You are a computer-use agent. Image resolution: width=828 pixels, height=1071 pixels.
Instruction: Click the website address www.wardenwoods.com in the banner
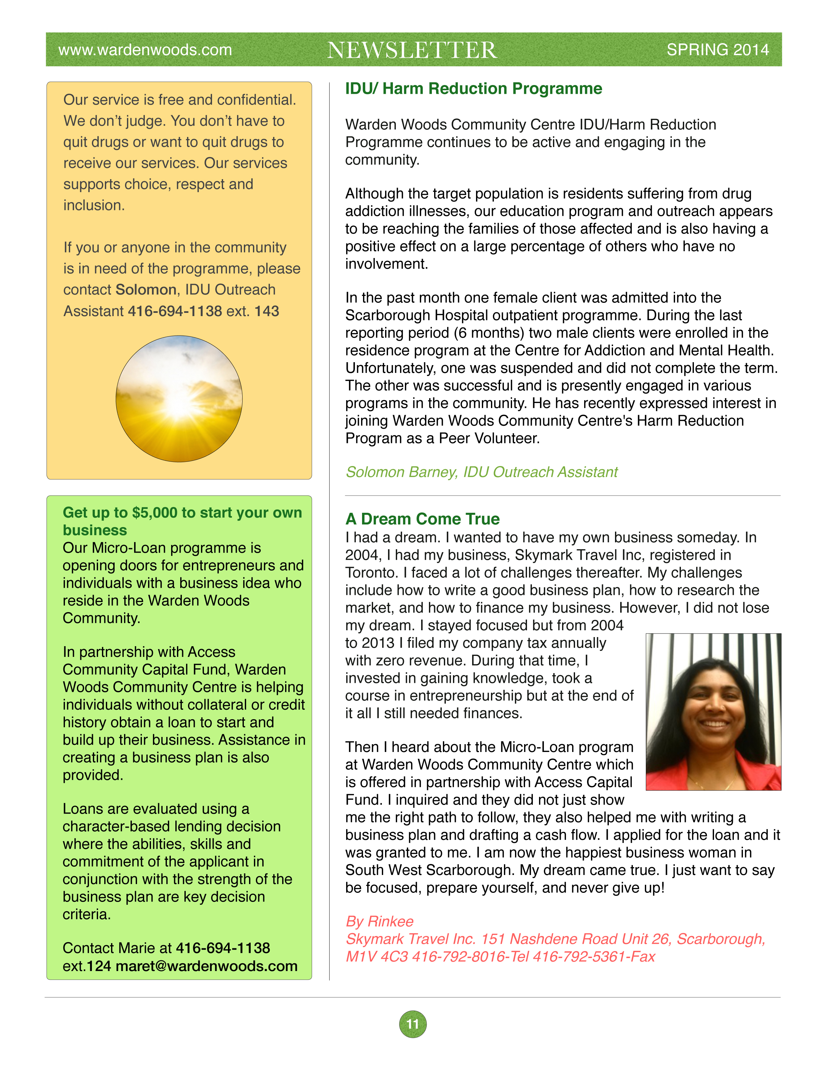click(x=145, y=50)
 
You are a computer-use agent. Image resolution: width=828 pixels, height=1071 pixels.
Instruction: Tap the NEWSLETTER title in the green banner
click(x=412, y=50)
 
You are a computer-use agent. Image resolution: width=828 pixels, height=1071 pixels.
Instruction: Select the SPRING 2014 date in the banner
click(x=717, y=50)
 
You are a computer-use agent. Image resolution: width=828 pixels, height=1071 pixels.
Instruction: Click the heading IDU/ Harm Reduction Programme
click(x=473, y=89)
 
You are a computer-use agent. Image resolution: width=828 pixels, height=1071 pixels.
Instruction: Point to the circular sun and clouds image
click(x=179, y=399)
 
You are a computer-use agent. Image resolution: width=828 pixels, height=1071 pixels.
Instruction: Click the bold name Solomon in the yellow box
click(x=146, y=290)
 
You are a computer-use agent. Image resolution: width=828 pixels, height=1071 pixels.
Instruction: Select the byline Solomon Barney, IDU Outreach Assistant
click(x=481, y=472)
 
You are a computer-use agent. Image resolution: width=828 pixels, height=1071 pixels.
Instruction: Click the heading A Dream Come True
click(x=422, y=519)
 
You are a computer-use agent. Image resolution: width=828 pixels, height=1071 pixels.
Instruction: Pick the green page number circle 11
click(x=412, y=1024)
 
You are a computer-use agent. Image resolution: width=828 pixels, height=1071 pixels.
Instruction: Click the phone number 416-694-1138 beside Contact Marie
click(x=223, y=948)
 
